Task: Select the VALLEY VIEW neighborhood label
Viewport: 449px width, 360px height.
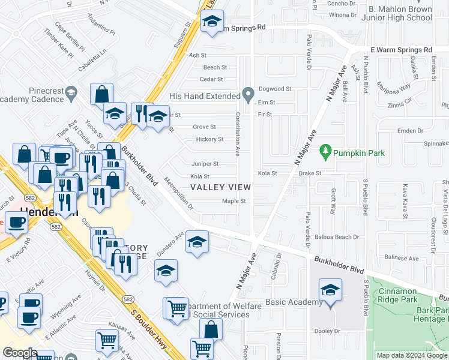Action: point(220,187)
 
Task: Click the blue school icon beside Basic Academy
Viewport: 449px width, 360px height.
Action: point(330,291)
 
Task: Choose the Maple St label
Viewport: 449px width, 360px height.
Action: point(234,201)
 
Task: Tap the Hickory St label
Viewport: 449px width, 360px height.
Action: point(209,139)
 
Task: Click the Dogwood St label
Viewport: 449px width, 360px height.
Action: point(274,89)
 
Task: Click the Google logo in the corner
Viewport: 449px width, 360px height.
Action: point(20,353)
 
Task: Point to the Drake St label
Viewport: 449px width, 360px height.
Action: point(311,173)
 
